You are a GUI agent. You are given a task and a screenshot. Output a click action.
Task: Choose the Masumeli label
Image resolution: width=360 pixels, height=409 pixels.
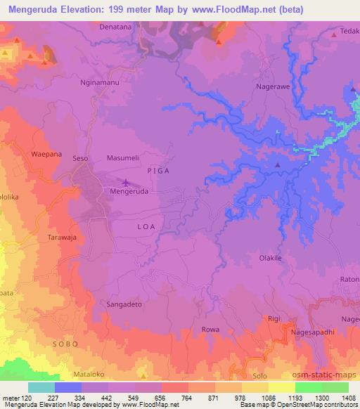point(124,159)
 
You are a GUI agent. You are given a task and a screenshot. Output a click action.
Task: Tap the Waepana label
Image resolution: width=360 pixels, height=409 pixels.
point(27,154)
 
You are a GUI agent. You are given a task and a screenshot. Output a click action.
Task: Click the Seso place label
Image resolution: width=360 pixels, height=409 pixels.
point(81,159)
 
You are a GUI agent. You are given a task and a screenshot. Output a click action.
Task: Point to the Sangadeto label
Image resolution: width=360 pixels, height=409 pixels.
point(124,305)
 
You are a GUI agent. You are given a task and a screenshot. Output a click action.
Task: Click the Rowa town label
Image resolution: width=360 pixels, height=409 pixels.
point(210,329)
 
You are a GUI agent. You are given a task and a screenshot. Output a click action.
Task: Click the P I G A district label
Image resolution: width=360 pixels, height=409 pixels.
point(158,171)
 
